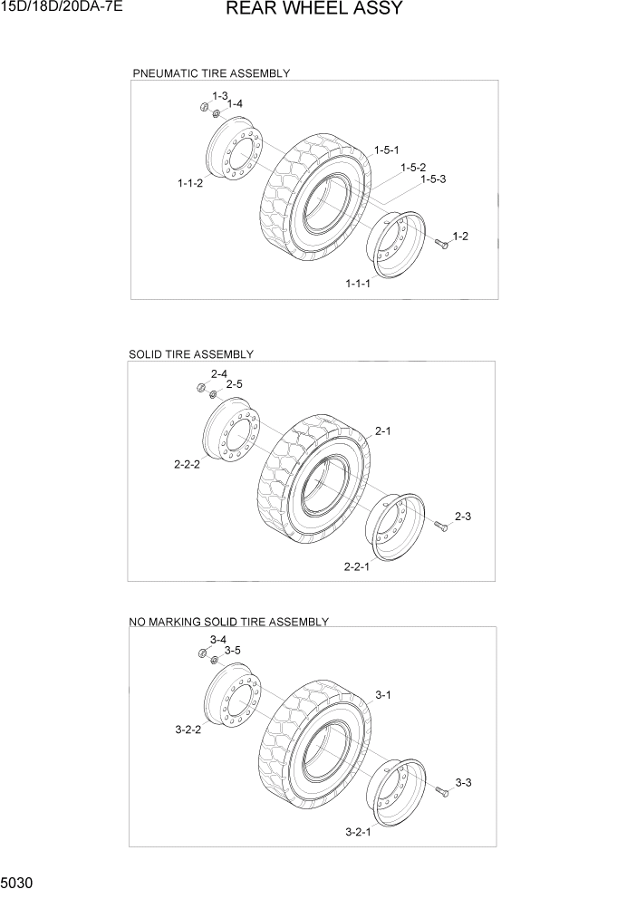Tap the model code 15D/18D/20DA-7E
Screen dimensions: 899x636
[62, 7]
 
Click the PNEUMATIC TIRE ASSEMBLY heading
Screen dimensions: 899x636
[211, 73]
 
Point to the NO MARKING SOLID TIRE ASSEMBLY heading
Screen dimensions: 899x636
[228, 622]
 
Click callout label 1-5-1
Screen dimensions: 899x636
[387, 150]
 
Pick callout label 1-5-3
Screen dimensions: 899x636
[432, 179]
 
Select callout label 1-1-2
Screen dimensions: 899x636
[190, 183]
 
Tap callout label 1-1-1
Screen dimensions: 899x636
[358, 284]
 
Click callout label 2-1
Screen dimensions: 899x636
[382, 431]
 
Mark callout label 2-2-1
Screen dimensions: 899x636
[357, 566]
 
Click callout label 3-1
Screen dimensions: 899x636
[382, 695]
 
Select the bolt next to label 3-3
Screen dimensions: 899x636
[441, 793]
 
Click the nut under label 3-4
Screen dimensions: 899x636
[202, 654]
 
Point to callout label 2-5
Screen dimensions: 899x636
[234, 384]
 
